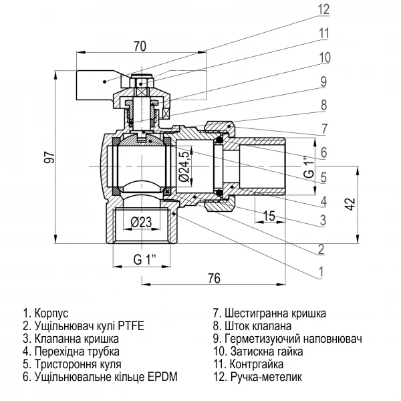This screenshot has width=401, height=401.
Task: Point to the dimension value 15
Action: pos(271,215)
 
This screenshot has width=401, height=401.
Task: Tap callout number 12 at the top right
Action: pos(323,10)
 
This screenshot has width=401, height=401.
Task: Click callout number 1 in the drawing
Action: pos(321,272)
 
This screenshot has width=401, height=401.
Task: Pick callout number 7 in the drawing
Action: pos(323,128)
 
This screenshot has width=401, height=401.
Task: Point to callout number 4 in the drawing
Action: pos(323,200)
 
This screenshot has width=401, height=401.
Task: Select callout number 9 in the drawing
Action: pos(323,82)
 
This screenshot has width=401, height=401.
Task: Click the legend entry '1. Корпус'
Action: pos(46,313)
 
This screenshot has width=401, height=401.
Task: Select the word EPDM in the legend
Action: pos(164,377)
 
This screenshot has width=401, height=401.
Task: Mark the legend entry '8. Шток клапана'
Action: pos(252,325)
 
